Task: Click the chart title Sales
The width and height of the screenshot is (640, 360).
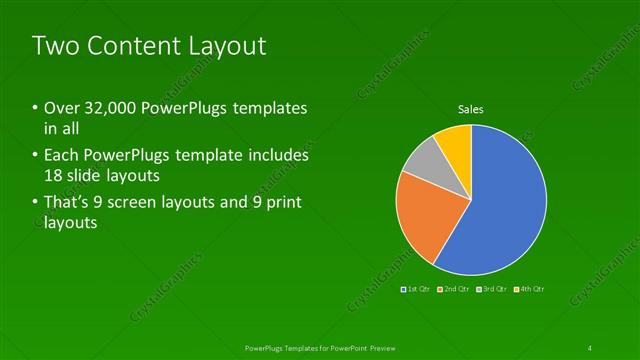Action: pos(471,109)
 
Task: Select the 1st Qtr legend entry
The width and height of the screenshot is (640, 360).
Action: pos(417,289)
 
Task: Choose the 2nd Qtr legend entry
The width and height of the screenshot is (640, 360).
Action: pos(455,289)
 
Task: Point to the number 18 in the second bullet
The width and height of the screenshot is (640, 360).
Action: pos(54,176)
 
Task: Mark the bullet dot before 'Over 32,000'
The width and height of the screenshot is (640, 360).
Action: pos(35,108)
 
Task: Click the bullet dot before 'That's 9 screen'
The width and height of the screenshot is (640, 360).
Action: pos(35,203)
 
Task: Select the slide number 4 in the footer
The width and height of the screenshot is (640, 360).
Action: pos(590,347)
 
